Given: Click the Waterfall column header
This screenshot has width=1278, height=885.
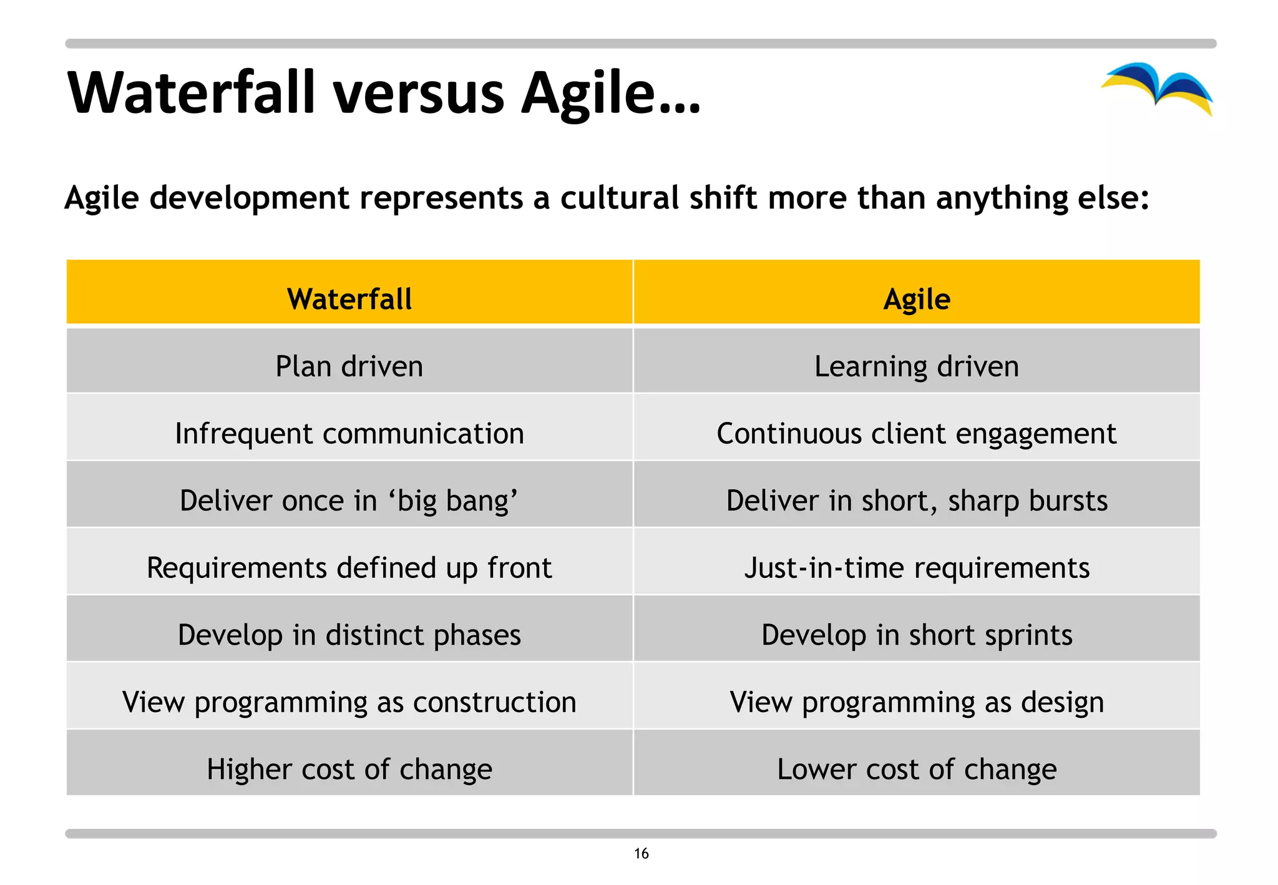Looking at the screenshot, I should pyautogui.click(x=349, y=299).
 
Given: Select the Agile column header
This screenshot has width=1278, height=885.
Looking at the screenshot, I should pyautogui.click(x=917, y=299).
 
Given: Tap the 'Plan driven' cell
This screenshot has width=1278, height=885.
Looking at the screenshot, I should pyautogui.click(x=349, y=366).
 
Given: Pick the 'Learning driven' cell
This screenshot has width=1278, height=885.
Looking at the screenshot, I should pyautogui.click(x=917, y=366).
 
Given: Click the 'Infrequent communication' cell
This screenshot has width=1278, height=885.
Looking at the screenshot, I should pyautogui.click(x=349, y=434).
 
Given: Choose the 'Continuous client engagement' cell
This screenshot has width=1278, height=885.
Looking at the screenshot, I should pyautogui.click(x=917, y=434).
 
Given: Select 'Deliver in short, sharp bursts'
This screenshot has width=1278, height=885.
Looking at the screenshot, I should pyautogui.click(x=917, y=501).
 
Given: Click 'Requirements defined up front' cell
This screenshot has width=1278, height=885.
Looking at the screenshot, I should pyautogui.click(x=349, y=568).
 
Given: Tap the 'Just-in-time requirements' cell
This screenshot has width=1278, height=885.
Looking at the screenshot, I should pyautogui.click(x=917, y=568).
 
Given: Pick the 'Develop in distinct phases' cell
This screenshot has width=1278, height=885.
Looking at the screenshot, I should pyautogui.click(x=349, y=635).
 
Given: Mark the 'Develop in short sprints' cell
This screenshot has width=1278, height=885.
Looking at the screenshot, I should pyautogui.click(x=917, y=635).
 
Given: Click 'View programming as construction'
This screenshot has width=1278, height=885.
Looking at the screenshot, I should pyautogui.click(x=349, y=702).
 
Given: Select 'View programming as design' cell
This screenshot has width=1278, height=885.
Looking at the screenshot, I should pyautogui.click(x=917, y=702).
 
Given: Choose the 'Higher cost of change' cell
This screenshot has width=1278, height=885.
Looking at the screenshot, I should pyautogui.click(x=349, y=770).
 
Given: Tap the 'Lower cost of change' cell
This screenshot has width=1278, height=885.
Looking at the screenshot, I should pyautogui.click(x=917, y=770).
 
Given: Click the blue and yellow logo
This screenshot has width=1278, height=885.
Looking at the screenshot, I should pyautogui.click(x=1158, y=87).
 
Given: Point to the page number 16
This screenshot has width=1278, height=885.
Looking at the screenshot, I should pyautogui.click(x=641, y=854).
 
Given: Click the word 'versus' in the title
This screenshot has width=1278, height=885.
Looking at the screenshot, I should pyautogui.click(x=419, y=94).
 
